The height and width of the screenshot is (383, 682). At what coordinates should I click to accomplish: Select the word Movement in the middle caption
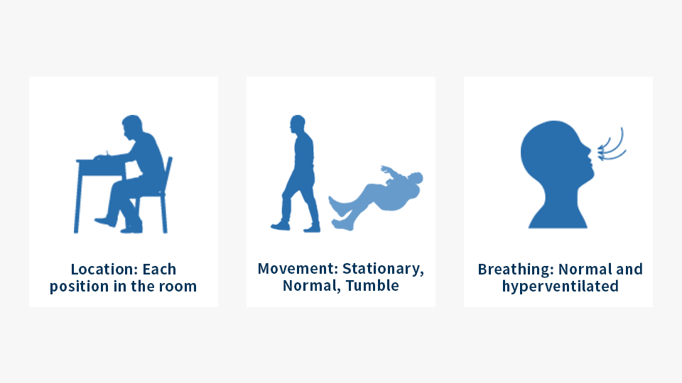tap(298, 268)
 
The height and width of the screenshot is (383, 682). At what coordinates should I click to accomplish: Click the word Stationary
tap(383, 269)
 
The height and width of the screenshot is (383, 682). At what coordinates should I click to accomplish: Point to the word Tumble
tap(372, 285)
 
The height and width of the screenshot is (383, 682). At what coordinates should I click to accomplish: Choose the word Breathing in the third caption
tap(516, 270)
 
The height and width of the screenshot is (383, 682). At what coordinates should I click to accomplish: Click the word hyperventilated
tap(561, 287)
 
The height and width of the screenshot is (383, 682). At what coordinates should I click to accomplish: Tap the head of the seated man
tap(132, 126)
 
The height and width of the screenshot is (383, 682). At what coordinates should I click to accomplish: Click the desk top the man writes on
tap(101, 161)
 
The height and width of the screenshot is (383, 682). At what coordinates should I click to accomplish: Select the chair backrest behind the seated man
tap(168, 174)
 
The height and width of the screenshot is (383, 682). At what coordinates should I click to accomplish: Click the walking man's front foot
tap(280, 226)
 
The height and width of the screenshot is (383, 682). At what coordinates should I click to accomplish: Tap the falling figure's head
tap(416, 178)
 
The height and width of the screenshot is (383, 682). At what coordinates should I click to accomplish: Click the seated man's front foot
tap(105, 222)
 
